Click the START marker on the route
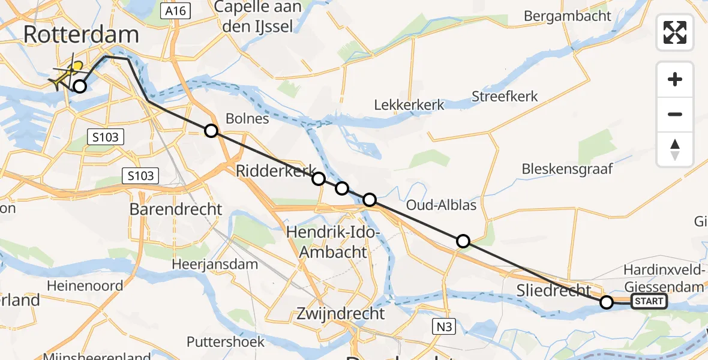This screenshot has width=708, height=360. pos(649,301)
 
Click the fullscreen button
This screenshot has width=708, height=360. pos(675,32)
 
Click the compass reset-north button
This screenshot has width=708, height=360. pos(675,149)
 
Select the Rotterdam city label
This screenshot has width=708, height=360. pos(81,34)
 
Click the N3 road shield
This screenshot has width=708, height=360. pos(443,326)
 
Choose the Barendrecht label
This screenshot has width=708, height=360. pos(176,209)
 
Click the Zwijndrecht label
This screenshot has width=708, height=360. pos(340,313)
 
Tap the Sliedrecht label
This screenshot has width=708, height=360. pos(554,291)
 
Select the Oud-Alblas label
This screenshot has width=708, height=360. pos(441,205)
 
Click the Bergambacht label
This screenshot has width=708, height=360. pos(568,16)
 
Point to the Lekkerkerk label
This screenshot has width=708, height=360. pos(409,104)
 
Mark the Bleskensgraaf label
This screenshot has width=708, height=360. pos(567,169)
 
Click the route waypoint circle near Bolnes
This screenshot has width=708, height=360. pos(211,131)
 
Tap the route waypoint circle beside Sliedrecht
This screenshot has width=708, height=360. pos(607,302)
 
